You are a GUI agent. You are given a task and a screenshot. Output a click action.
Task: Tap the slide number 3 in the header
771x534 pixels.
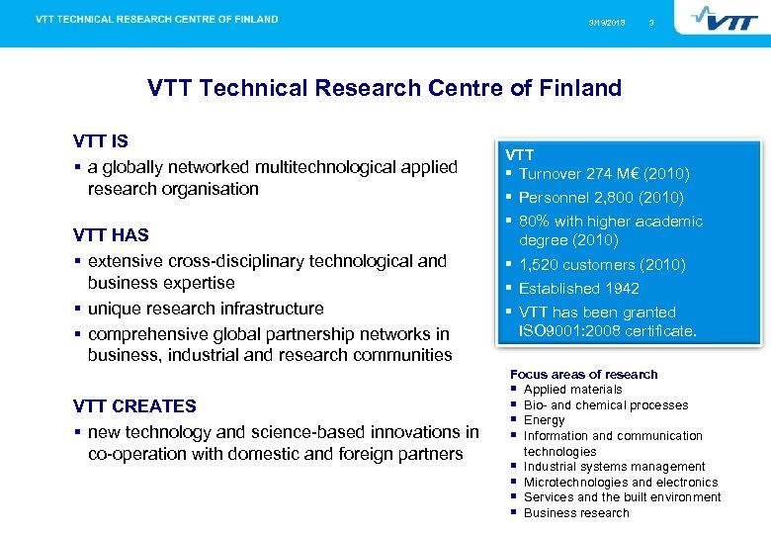[x=650, y=22]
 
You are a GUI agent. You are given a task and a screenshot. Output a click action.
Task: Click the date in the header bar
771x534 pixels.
[x=607, y=22]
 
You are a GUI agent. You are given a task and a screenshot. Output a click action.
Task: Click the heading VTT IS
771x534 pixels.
[x=101, y=141]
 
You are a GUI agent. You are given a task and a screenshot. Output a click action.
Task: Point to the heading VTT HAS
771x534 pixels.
[x=111, y=235]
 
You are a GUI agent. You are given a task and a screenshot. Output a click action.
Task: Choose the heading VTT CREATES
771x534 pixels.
[x=134, y=405]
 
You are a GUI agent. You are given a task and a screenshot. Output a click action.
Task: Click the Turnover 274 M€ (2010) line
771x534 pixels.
[x=604, y=173]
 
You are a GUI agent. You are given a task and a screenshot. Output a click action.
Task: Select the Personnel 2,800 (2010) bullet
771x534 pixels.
[x=601, y=197]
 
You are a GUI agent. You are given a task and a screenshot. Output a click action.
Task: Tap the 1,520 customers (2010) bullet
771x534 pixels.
[x=602, y=264]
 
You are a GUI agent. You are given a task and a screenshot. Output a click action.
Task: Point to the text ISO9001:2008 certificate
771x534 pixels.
[x=608, y=331]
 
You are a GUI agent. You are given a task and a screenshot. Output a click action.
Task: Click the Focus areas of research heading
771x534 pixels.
[x=583, y=374]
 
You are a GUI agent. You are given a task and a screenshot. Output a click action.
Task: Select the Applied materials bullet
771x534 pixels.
[x=572, y=390]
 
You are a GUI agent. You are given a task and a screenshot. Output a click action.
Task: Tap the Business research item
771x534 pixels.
[x=576, y=512]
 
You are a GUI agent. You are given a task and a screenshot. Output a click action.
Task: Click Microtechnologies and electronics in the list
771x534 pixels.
[x=621, y=482]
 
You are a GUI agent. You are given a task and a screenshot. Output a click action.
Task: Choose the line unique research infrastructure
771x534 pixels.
[x=206, y=309]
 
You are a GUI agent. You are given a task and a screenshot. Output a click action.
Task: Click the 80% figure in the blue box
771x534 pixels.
[x=535, y=222]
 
